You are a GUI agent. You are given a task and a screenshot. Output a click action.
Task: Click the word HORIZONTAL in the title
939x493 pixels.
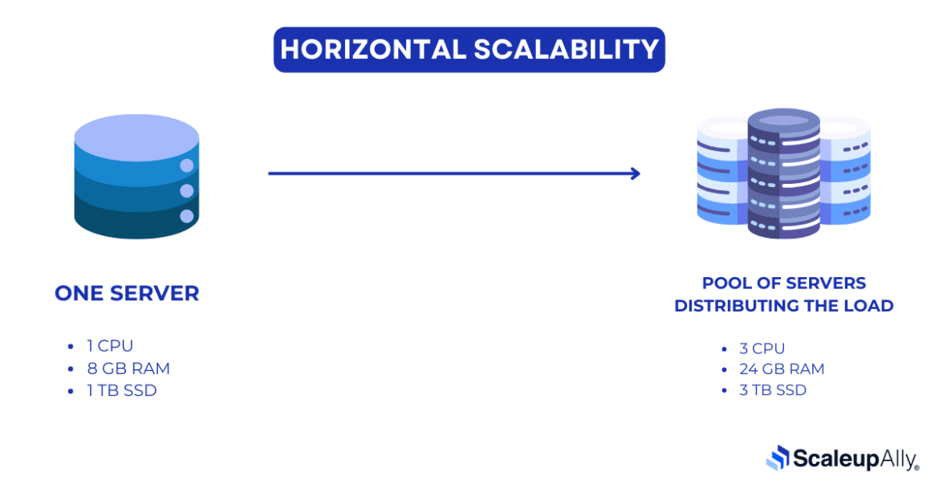371,50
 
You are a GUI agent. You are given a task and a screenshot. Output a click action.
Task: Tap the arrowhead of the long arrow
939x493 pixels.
636,173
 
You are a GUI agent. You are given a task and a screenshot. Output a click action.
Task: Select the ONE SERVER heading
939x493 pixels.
127,294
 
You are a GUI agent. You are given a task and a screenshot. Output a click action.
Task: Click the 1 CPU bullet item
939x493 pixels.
110,346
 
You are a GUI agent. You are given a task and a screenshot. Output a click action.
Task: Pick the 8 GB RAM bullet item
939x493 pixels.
128,369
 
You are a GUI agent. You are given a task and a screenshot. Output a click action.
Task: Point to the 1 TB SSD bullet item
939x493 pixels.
122,391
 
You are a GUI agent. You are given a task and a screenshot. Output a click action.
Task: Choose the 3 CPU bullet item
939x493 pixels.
762,348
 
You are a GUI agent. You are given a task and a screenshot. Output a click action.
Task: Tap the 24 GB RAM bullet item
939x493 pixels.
782,369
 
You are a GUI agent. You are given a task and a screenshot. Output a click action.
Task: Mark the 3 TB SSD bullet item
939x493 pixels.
774,390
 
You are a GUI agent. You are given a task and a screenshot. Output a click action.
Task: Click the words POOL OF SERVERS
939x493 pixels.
784,283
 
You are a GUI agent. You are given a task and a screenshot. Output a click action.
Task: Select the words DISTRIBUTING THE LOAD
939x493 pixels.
784,306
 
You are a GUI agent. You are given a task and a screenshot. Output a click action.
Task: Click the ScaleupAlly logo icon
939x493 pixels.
778,458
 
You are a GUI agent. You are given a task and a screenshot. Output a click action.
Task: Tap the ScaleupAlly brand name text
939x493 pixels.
856,458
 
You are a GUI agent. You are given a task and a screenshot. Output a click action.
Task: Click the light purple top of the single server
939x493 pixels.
136,131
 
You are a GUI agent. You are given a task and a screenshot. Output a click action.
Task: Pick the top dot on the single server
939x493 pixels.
187,166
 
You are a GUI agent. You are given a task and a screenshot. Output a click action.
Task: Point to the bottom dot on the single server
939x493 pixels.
187,216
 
